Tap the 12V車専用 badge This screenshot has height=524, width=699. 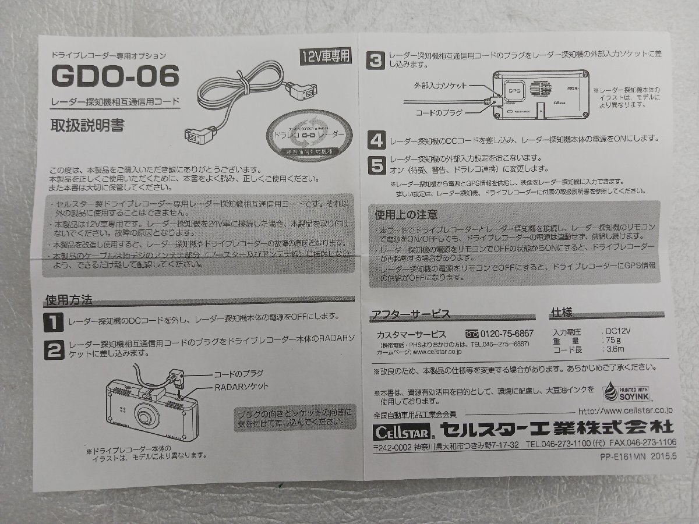point(326,56)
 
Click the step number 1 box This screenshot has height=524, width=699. point(56,320)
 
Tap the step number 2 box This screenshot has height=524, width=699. point(56,349)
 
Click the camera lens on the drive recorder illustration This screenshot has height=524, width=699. point(146,415)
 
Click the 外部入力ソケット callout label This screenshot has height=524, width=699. point(440,86)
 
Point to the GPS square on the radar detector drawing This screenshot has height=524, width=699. point(514,90)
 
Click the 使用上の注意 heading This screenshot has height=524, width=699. point(407,214)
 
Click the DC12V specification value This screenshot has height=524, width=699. point(617,330)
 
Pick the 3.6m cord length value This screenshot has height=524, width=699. point(613,349)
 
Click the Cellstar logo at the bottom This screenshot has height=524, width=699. point(402,432)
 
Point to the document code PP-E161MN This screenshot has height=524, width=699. point(622,457)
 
